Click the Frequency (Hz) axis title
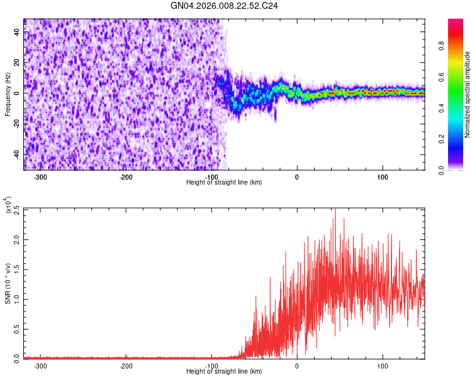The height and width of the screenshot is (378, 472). click(x=8, y=94)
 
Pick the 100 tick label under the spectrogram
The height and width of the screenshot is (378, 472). click(x=382, y=177)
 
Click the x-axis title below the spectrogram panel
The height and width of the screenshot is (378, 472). click(x=224, y=182)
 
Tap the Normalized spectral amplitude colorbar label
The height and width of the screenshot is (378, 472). click(x=468, y=94)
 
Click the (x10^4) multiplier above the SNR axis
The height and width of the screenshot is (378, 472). click(x=9, y=205)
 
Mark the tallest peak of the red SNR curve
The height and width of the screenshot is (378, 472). click(x=335, y=210)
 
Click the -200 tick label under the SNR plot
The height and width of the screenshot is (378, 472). click(x=125, y=366)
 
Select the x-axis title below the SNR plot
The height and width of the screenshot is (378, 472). click(x=224, y=371)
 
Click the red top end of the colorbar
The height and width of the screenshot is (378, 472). click(x=456, y=22)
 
